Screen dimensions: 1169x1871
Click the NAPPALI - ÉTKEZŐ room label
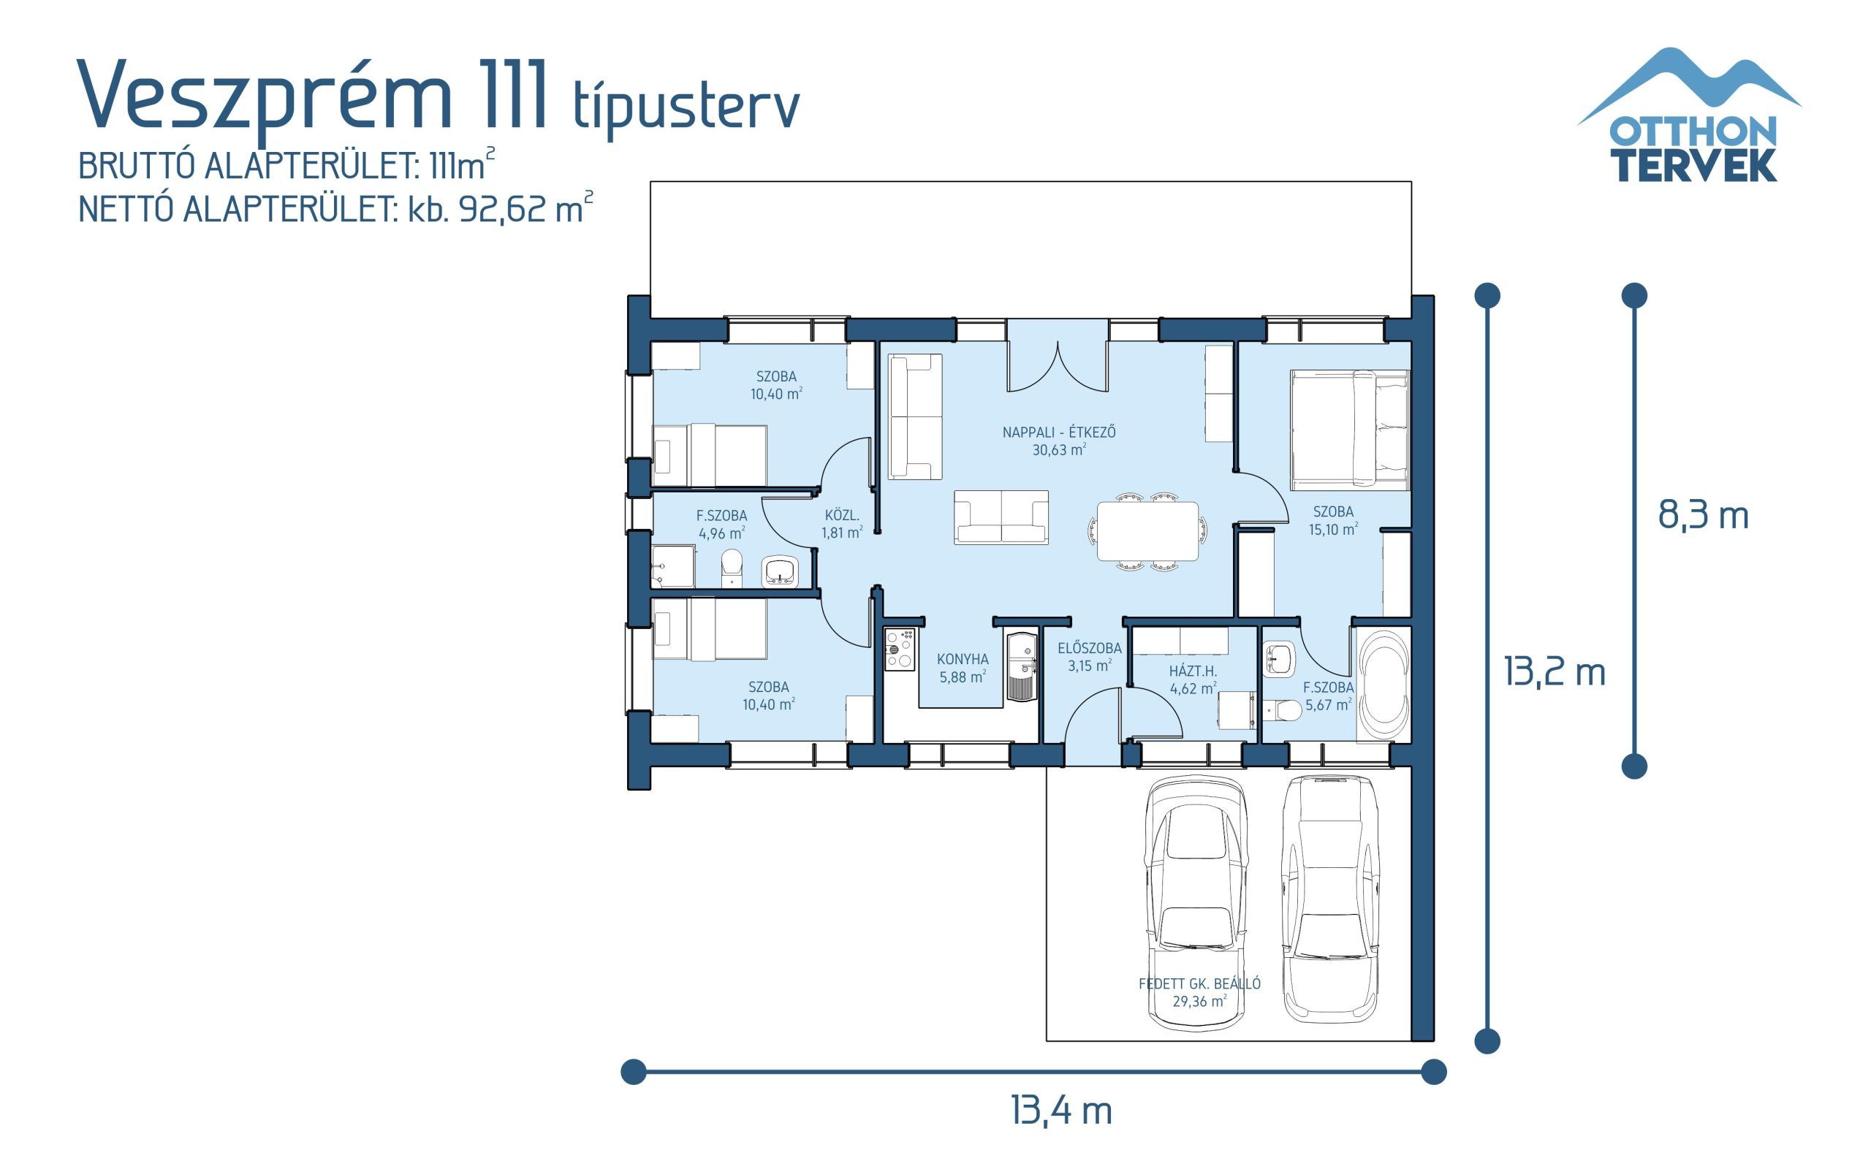pyautogui.click(x=1058, y=433)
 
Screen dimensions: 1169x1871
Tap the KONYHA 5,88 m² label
pyautogui.click(x=963, y=668)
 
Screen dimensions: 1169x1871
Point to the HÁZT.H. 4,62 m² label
pyautogui.click(x=1192, y=679)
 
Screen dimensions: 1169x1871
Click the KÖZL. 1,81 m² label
pyautogui.click(x=842, y=523)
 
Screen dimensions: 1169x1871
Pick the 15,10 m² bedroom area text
pyautogui.click(x=1333, y=530)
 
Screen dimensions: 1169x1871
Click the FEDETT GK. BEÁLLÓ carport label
pyautogui.click(x=1199, y=983)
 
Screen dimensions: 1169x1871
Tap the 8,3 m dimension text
pyautogui.click(x=1702, y=515)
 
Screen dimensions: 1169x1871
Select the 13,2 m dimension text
pyautogui.click(x=1554, y=671)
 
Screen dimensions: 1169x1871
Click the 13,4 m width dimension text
pyautogui.click(x=1060, y=1111)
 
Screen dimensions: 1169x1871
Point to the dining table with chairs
pyautogui.click(x=1147, y=531)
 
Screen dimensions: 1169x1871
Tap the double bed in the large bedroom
pyautogui.click(x=1349, y=430)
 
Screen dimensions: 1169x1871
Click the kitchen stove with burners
pyautogui.click(x=900, y=648)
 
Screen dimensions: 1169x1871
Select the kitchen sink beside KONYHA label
pyautogui.click(x=1022, y=666)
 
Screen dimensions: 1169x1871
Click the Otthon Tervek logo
pyautogui.click(x=1692, y=116)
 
